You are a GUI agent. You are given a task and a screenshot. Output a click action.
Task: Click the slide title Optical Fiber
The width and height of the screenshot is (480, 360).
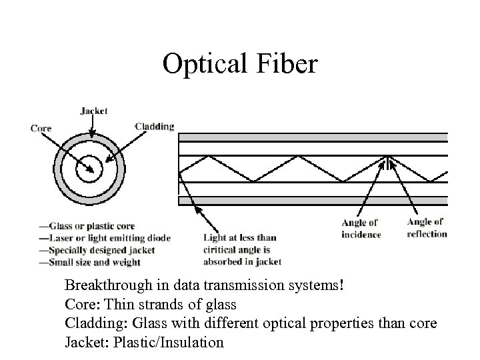(x=241, y=65)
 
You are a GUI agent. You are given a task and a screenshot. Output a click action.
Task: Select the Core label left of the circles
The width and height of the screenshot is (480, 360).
(x=41, y=128)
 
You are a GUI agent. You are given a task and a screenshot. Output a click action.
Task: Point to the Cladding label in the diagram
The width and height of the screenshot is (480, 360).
(x=155, y=126)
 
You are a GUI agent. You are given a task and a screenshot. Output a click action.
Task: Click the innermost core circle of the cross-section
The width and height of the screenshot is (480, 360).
(x=87, y=169)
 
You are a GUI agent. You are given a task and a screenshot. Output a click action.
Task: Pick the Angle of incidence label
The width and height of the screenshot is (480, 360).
(x=361, y=229)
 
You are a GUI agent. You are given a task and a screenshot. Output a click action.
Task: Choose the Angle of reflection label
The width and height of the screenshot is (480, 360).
(x=427, y=228)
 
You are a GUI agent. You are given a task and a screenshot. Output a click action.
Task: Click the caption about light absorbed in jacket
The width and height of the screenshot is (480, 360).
(x=243, y=249)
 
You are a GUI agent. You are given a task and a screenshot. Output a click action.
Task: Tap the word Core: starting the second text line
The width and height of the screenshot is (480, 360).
(x=80, y=305)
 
